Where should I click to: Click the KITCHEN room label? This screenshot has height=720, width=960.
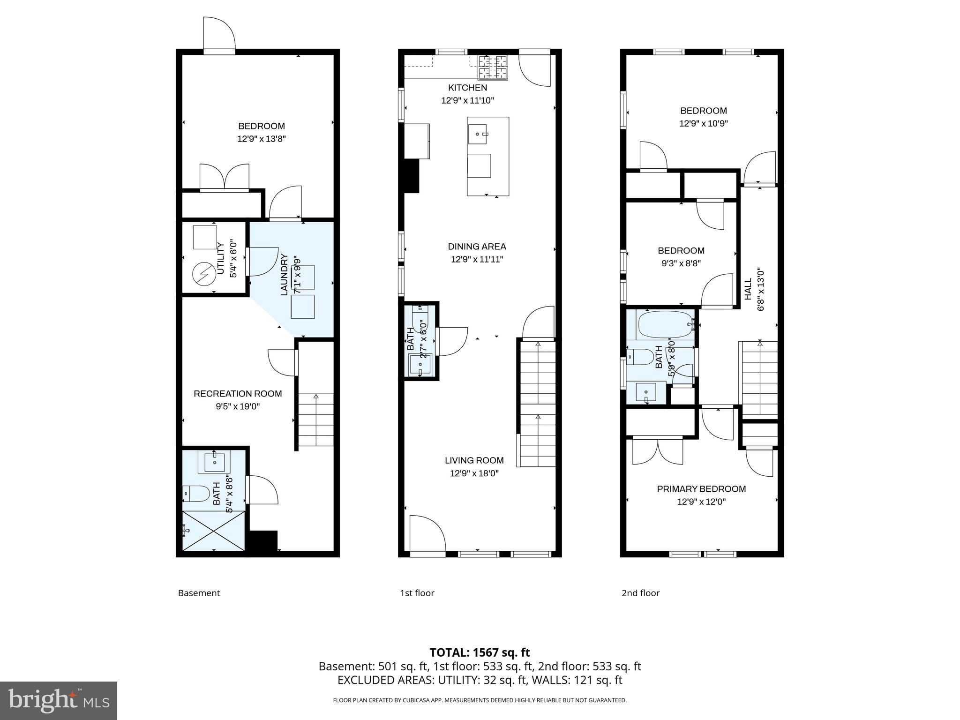(x=467, y=88)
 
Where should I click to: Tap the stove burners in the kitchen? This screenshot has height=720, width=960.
(x=492, y=67)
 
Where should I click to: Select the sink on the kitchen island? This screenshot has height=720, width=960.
(x=478, y=134)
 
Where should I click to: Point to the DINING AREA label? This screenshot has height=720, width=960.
(x=477, y=247)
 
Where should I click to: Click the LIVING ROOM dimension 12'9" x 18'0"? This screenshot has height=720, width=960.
(x=474, y=473)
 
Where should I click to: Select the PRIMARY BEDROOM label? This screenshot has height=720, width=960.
(x=701, y=489)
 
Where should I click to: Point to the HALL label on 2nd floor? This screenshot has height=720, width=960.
(x=748, y=289)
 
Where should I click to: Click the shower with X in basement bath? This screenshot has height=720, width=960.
(x=213, y=531)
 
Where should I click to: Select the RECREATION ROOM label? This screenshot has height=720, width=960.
(x=238, y=394)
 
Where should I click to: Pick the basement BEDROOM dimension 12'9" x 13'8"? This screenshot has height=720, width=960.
(x=261, y=139)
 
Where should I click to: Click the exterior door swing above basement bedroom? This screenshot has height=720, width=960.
(x=218, y=33)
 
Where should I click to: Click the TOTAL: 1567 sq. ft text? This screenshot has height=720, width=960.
(x=480, y=652)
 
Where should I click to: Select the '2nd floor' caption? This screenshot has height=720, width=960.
(x=640, y=593)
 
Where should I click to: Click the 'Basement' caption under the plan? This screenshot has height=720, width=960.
(x=199, y=593)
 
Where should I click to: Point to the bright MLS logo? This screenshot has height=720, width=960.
(x=59, y=700)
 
